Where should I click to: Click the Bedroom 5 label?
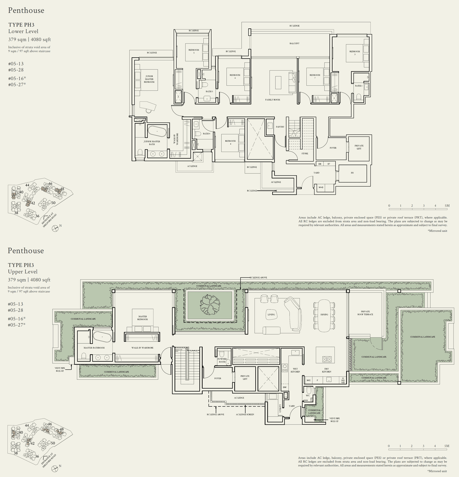[x=194, y=51]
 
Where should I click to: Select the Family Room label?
[x=273, y=100]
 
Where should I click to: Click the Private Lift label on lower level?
[x=359, y=147]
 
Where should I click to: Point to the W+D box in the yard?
[x=321, y=187]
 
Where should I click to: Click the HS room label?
[x=352, y=173]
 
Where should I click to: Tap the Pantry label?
[x=280, y=127]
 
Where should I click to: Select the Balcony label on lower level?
[x=294, y=43]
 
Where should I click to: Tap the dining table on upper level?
[x=324, y=315]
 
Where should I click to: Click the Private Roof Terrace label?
[x=365, y=313]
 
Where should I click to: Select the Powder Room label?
[x=222, y=360]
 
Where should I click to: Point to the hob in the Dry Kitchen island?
[x=327, y=359]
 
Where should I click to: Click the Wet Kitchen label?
[x=295, y=370]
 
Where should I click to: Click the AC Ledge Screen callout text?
[x=245, y=414]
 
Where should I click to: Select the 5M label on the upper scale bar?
[x=447, y=446]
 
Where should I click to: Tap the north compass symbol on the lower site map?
[x=55, y=468]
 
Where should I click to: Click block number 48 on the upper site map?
[x=62, y=189]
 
